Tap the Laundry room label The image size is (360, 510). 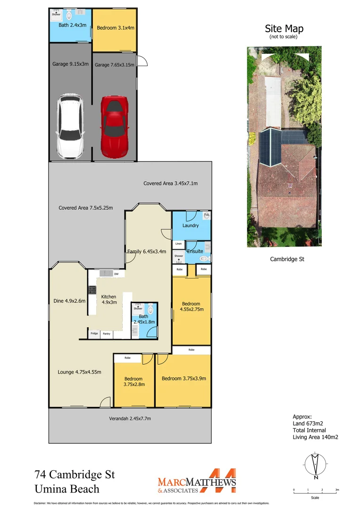[x=190, y=226]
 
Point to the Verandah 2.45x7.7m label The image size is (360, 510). [x=130, y=418]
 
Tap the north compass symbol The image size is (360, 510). [x=315, y=465]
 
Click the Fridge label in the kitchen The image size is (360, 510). [x=94, y=334]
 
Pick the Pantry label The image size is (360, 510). [x=107, y=334]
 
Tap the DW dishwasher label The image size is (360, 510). [x=116, y=274]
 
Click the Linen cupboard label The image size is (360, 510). [x=178, y=244]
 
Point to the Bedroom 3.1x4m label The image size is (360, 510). [x=116, y=28]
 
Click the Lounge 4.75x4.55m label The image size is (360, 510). [x=79, y=372]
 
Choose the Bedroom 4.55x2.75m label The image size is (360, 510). [x=190, y=306]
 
